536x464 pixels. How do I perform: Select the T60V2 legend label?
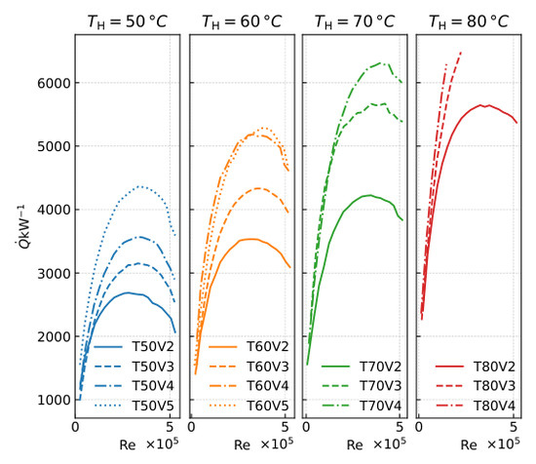[268, 347]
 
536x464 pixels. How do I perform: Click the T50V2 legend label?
[153, 347]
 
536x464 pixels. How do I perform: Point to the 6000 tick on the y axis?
[54, 83]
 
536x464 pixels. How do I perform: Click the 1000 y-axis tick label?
[54, 400]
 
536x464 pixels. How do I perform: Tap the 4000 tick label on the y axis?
[54, 210]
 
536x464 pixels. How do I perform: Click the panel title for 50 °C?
[127, 21]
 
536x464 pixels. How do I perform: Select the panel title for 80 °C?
[469, 21]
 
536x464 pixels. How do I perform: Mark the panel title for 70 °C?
[355, 21]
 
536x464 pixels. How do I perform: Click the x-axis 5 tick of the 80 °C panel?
[513, 427]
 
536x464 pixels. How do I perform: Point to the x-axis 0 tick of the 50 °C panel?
[75, 427]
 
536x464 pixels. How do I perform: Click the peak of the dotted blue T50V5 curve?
[139, 186]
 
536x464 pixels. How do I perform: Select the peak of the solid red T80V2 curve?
[480, 105]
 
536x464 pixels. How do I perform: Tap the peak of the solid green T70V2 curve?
[370, 195]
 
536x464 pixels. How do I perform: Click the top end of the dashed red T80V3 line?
[461, 53]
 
